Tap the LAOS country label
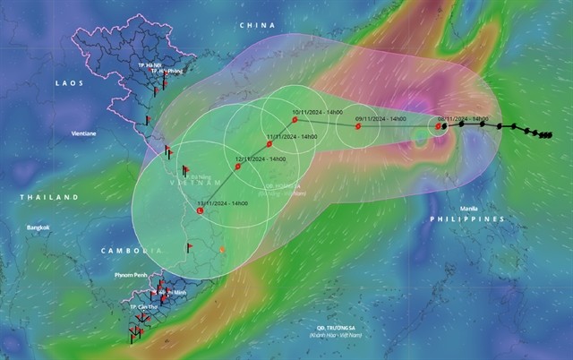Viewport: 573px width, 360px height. click(69, 82)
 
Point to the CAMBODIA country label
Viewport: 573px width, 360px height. click(131, 249)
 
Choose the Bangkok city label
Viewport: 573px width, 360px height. click(37, 227)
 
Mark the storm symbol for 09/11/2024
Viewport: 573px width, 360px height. click(358, 126)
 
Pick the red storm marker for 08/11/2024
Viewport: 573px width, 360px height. click(439, 126)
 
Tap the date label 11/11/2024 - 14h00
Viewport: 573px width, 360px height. click(292, 136)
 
